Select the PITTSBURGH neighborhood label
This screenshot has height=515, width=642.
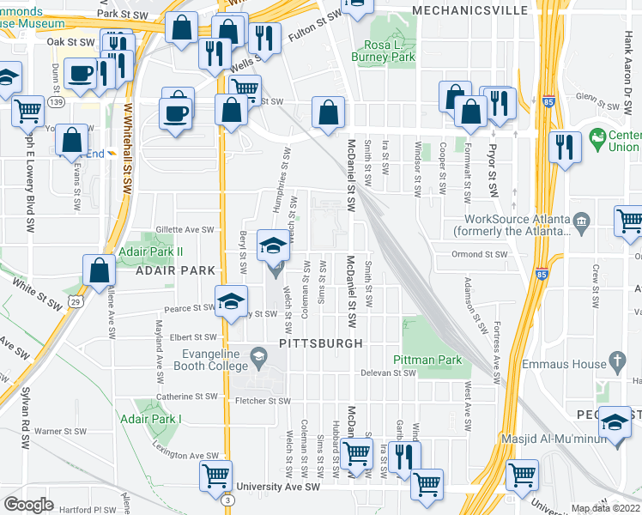click(321, 342)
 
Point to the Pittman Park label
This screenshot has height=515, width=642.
click(427, 360)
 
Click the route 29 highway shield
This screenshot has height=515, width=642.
click(76, 304)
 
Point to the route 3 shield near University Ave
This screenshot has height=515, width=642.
click(227, 500)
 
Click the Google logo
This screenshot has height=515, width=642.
click(28, 505)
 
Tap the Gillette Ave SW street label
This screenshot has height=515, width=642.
click(183, 230)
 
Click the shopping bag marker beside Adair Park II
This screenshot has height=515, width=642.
click(100, 270)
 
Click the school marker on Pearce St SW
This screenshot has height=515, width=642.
click(230, 303)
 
